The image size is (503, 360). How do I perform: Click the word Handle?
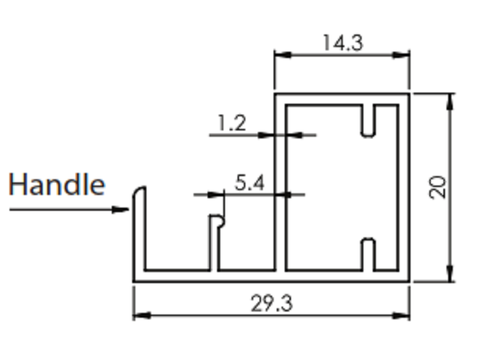pos(57,184)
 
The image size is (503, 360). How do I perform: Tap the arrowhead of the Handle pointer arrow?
pos(121,210)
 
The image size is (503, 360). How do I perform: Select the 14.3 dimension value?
pos(343,43)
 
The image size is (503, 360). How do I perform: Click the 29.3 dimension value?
pos(272,303)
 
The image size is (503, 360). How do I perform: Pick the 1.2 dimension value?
pos(232,123)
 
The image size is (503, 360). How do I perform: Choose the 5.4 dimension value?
pos(250,183)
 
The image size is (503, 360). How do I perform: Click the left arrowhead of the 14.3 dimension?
pos(283,55)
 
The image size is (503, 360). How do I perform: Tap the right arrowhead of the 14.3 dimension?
pos(401,55)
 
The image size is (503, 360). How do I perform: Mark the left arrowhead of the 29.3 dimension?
pos(142,315)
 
